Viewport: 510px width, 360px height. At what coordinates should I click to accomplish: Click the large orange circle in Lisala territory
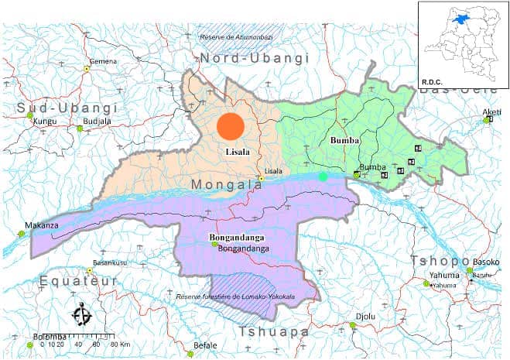(231, 125)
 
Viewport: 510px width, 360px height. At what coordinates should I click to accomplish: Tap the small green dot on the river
(323, 177)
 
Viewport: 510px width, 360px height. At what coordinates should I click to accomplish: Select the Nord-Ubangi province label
(255, 59)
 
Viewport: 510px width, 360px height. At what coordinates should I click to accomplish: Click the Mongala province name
(218, 186)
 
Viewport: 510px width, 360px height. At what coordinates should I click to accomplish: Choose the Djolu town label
(363, 316)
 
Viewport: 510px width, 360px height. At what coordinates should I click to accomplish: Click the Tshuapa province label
(274, 331)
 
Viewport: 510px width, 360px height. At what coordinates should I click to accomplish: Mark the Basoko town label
(485, 262)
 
